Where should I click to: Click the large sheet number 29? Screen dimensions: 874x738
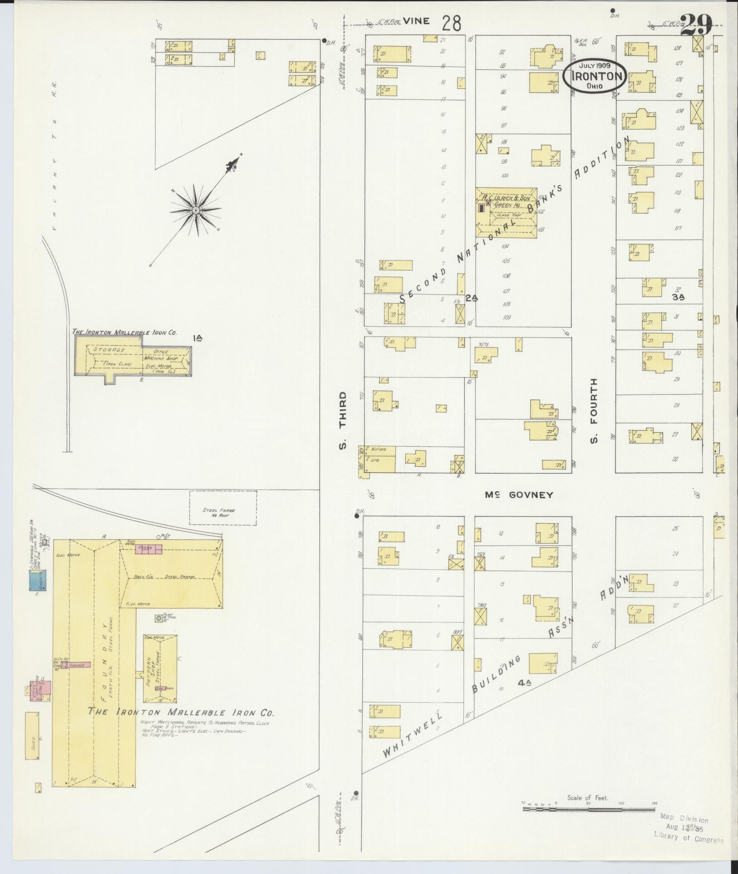pos(696,24)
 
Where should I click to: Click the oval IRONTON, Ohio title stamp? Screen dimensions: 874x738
pos(595,76)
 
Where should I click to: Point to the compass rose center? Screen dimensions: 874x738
pos(195,210)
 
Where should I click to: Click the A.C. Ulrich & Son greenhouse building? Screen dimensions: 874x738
pos(506,212)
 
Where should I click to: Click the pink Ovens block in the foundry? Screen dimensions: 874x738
pos(149,549)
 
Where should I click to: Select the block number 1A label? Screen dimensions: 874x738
pos(197,337)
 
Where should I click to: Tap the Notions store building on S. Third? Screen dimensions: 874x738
pos(378,449)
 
